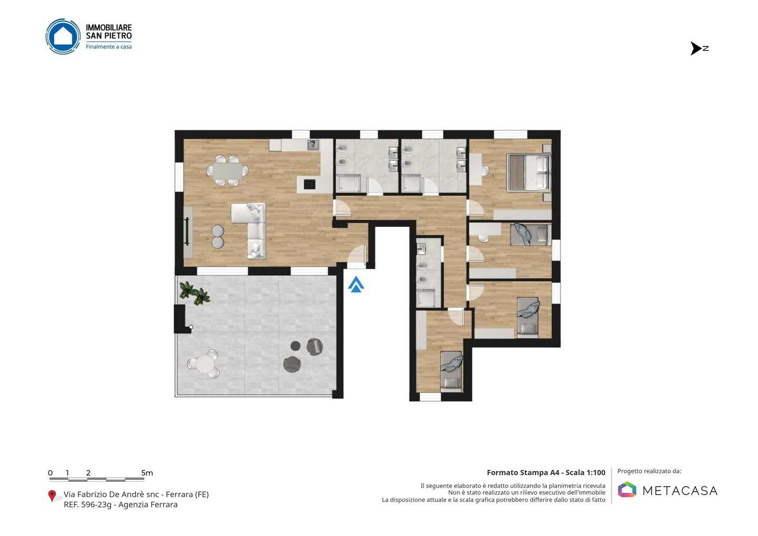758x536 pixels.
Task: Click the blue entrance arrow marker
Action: click(356, 284)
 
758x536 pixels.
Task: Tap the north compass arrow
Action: click(696, 48)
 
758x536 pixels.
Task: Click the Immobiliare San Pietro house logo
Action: click(63, 36)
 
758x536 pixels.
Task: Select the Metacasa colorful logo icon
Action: click(627, 489)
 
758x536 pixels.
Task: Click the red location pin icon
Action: click(52, 496)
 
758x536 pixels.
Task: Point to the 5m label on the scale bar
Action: click(147, 473)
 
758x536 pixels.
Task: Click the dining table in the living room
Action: click(227, 171)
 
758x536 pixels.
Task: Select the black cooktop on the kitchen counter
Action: click(310, 184)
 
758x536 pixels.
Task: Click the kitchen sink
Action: click(313, 145)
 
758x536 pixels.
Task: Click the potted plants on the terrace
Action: click(195, 293)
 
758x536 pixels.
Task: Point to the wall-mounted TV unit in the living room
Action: click(188, 233)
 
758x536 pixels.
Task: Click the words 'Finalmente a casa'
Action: click(108, 47)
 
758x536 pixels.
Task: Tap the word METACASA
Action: click(680, 491)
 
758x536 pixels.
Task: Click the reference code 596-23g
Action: click(96, 504)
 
